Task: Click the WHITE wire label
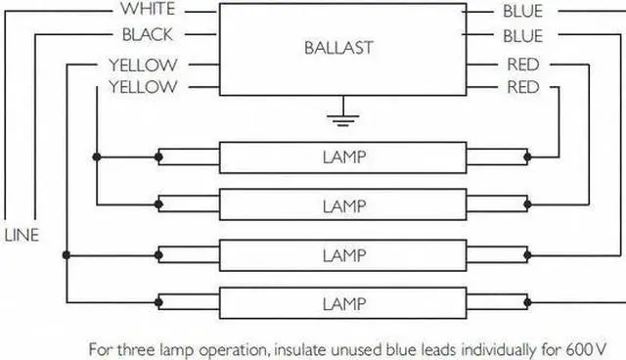coord(147,11)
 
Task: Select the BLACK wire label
coord(147,35)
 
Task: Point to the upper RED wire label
coord(523,65)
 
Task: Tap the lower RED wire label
coord(523,87)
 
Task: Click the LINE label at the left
coord(22,236)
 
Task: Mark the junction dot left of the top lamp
coord(97,157)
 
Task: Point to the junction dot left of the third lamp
coord(67,254)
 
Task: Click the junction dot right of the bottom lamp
coord(528,301)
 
